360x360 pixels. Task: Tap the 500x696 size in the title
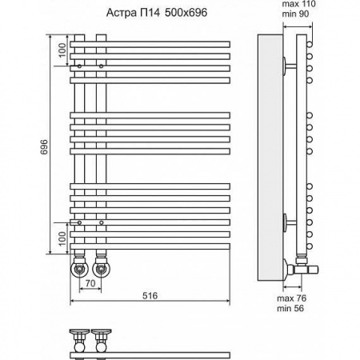tap(186, 13)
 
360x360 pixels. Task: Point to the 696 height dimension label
tap(44, 146)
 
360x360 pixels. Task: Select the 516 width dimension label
tap(150, 295)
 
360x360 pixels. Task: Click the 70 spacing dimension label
tap(90, 283)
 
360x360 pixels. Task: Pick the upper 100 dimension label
tap(62, 50)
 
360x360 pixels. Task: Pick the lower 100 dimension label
tap(62, 238)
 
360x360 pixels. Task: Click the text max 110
tap(298, 4)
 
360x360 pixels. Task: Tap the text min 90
tap(295, 14)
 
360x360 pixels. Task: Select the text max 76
tap(291, 298)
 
